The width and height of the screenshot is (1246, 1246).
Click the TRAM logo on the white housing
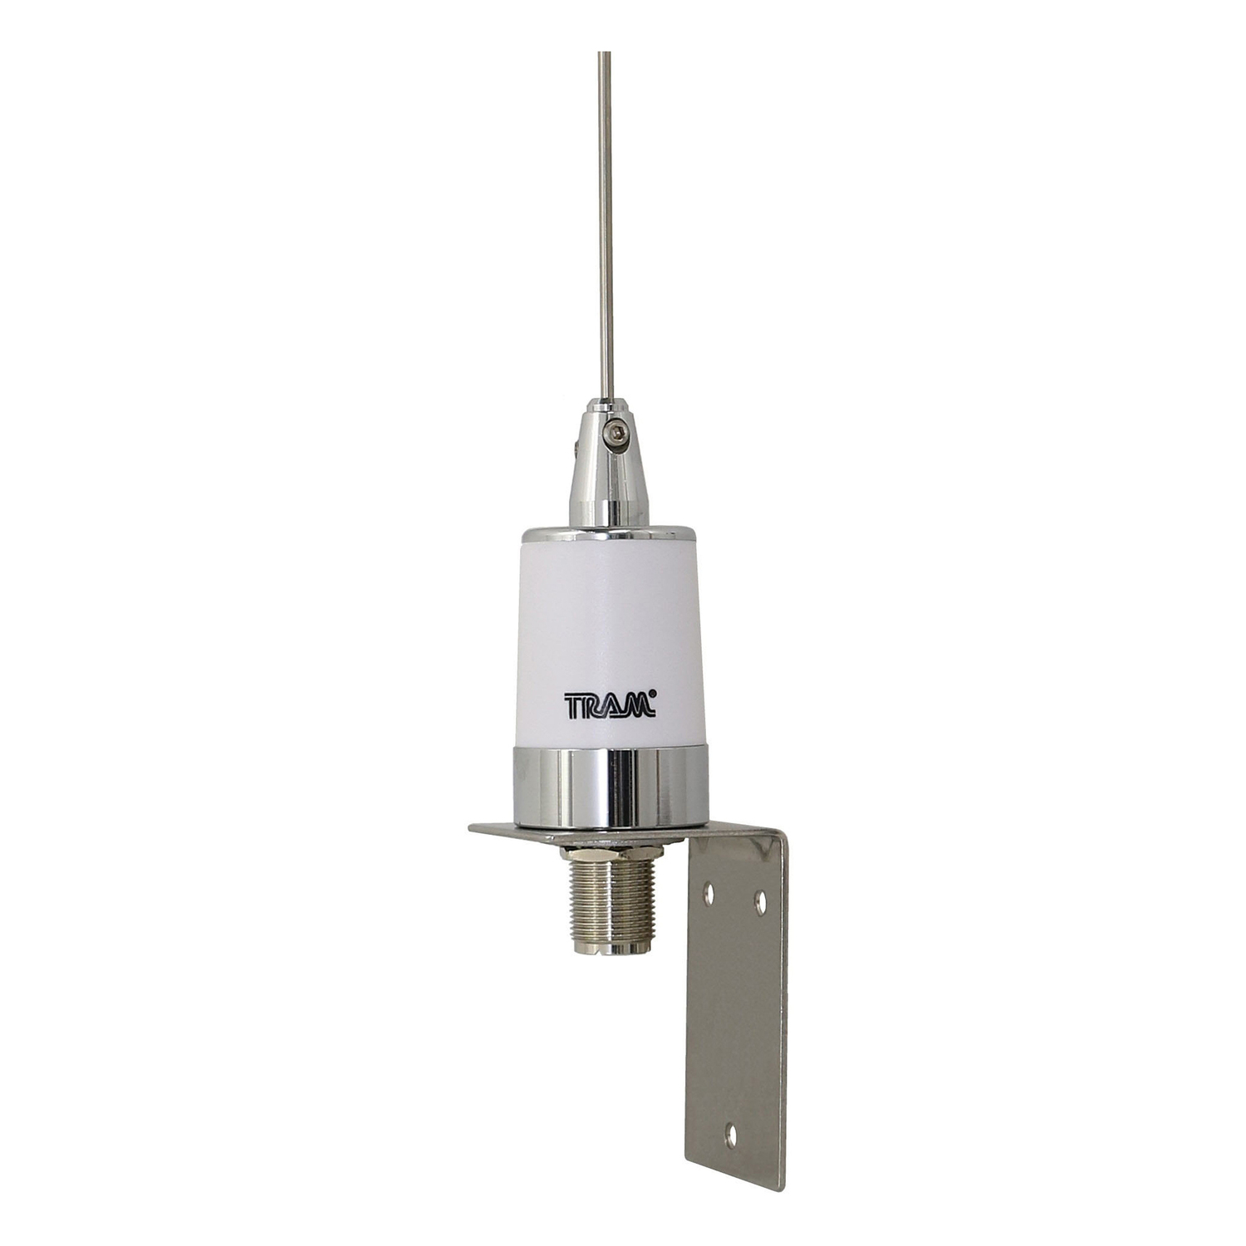[612, 705]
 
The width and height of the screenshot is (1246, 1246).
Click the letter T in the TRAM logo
[574, 707]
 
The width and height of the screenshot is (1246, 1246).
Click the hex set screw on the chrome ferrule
[613, 431]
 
